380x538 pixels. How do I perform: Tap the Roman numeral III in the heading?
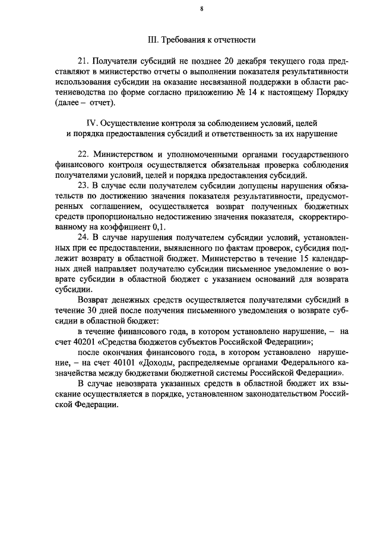pyautogui.click(x=152, y=40)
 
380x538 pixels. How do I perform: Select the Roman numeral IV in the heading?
pyautogui.click(x=92, y=123)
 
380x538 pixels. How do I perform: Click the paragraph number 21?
pyautogui.click(x=83, y=61)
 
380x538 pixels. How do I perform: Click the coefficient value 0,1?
pyautogui.click(x=163, y=226)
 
